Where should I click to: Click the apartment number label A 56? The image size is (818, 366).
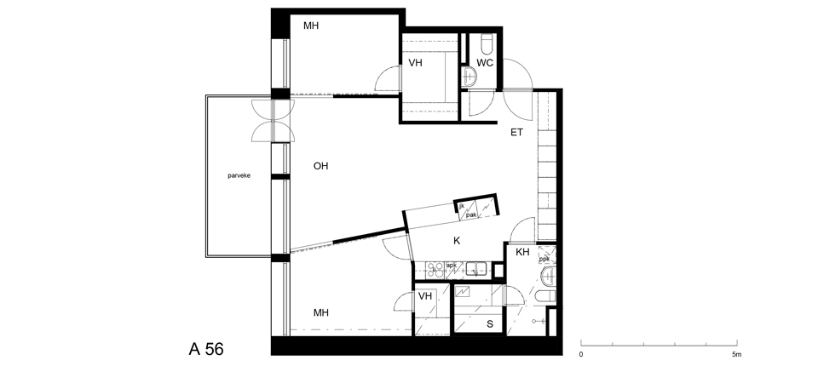pos(206,349)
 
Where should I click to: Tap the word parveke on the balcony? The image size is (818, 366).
pos(239,175)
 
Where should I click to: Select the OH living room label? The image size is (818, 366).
pos(321,166)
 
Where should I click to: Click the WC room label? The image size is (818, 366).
pos(485,63)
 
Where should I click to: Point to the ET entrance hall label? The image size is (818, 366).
pos(516,133)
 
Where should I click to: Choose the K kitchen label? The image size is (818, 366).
pos(457,241)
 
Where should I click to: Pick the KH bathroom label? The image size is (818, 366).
pos(522,252)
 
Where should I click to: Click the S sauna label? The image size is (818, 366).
pos(490,324)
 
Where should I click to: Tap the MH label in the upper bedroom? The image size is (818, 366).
pos(311,26)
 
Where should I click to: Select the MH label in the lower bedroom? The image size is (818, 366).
pos(321,313)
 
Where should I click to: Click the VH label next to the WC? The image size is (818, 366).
pos(415,63)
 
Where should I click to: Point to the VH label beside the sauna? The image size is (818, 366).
pos(425,296)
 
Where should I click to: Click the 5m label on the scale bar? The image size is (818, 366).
pos(736,355)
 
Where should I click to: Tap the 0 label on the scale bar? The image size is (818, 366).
pos(581,355)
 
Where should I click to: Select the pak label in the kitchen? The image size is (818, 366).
pos(471,214)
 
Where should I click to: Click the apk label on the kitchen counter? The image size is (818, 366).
pos(452,266)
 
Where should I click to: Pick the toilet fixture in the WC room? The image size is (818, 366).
pos(487,44)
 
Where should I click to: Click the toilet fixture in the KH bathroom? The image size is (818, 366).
pos(545,297)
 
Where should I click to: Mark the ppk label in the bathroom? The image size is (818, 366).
pos(544,259)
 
